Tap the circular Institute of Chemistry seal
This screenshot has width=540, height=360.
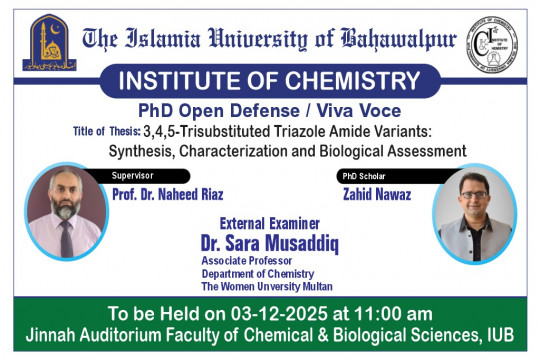click(493, 43)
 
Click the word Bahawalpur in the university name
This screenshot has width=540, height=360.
click(400, 41)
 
